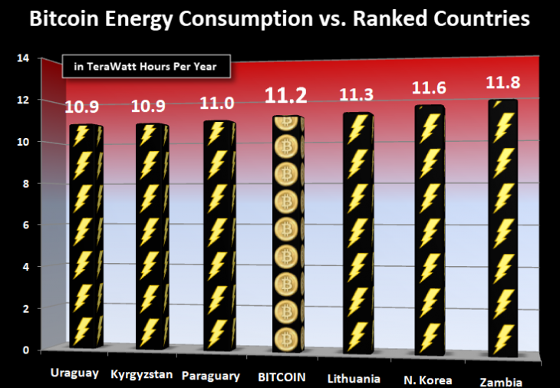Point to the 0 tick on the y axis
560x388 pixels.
point(25,350)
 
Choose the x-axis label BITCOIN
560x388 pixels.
point(282,377)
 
